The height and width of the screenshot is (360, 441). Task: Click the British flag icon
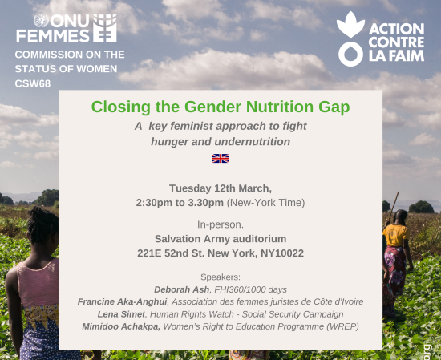[220, 158]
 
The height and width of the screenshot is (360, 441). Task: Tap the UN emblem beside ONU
[41, 21]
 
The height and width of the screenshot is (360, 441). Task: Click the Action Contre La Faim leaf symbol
[350, 25]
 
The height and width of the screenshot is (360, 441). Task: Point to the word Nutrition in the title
[280, 107]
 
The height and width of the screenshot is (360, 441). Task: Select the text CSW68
[33, 83]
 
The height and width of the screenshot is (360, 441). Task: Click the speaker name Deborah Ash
[182, 289]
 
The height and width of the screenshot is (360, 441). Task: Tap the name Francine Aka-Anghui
[123, 301]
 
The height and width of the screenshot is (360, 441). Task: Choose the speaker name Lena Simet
[121, 314]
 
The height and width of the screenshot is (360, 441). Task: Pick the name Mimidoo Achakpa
[121, 326]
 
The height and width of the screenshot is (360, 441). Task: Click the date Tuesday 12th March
[220, 188]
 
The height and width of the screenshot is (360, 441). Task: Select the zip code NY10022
[282, 253]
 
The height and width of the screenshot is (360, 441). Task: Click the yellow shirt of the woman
[396, 235]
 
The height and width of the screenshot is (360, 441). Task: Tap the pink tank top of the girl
[38, 284]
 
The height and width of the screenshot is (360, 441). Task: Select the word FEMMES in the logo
[53, 36]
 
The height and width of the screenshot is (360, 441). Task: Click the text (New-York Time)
[265, 203]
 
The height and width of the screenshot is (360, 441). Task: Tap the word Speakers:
[220, 277]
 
